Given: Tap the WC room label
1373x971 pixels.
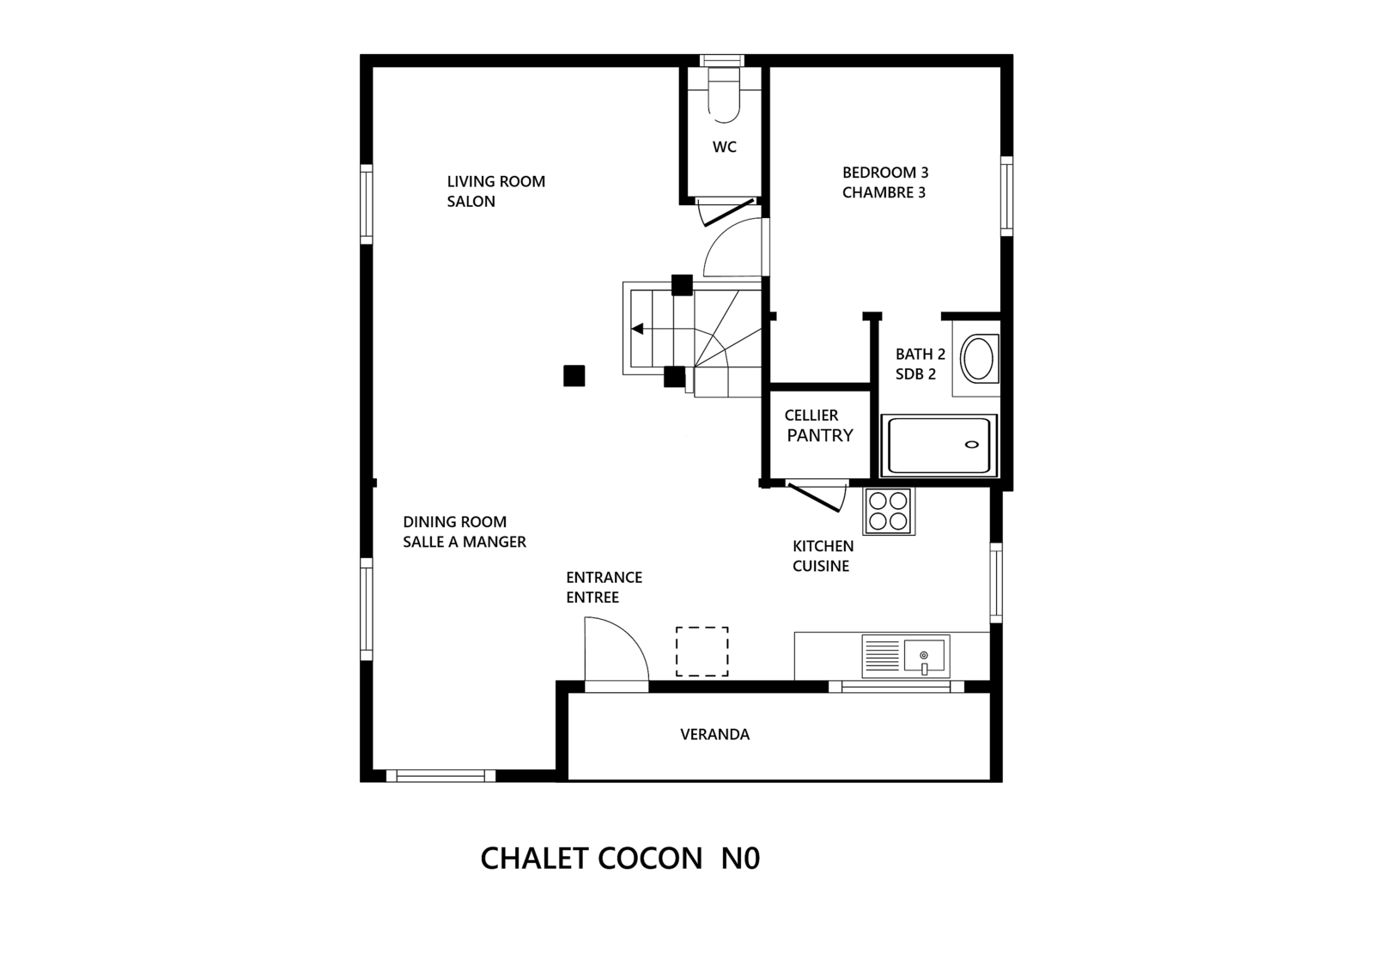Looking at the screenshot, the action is pyautogui.click(x=724, y=147).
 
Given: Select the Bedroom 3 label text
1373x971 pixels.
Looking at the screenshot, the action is pyautogui.click(x=885, y=182).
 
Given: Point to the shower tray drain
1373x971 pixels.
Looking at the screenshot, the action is pyautogui.click(x=971, y=445).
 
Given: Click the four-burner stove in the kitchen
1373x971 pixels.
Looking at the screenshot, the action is pyautogui.click(x=888, y=511).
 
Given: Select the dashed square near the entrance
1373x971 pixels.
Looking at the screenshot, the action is pyautogui.click(x=702, y=651).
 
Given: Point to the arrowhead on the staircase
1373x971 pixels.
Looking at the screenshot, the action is pyautogui.click(x=637, y=329).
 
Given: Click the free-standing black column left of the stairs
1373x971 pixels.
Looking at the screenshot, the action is pyautogui.click(x=574, y=376).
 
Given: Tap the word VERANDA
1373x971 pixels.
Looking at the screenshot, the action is pyautogui.click(x=714, y=734).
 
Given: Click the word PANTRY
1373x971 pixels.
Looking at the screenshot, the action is pyautogui.click(x=819, y=435).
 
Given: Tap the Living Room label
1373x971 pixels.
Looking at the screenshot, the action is pyautogui.click(x=495, y=191).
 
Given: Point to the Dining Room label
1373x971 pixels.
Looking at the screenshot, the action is pyautogui.click(x=464, y=532).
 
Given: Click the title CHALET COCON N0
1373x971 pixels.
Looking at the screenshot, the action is pyautogui.click(x=620, y=859).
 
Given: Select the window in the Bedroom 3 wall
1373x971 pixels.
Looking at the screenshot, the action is pyautogui.click(x=1006, y=196).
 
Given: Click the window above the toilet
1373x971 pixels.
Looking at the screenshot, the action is pyautogui.click(x=722, y=60).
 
